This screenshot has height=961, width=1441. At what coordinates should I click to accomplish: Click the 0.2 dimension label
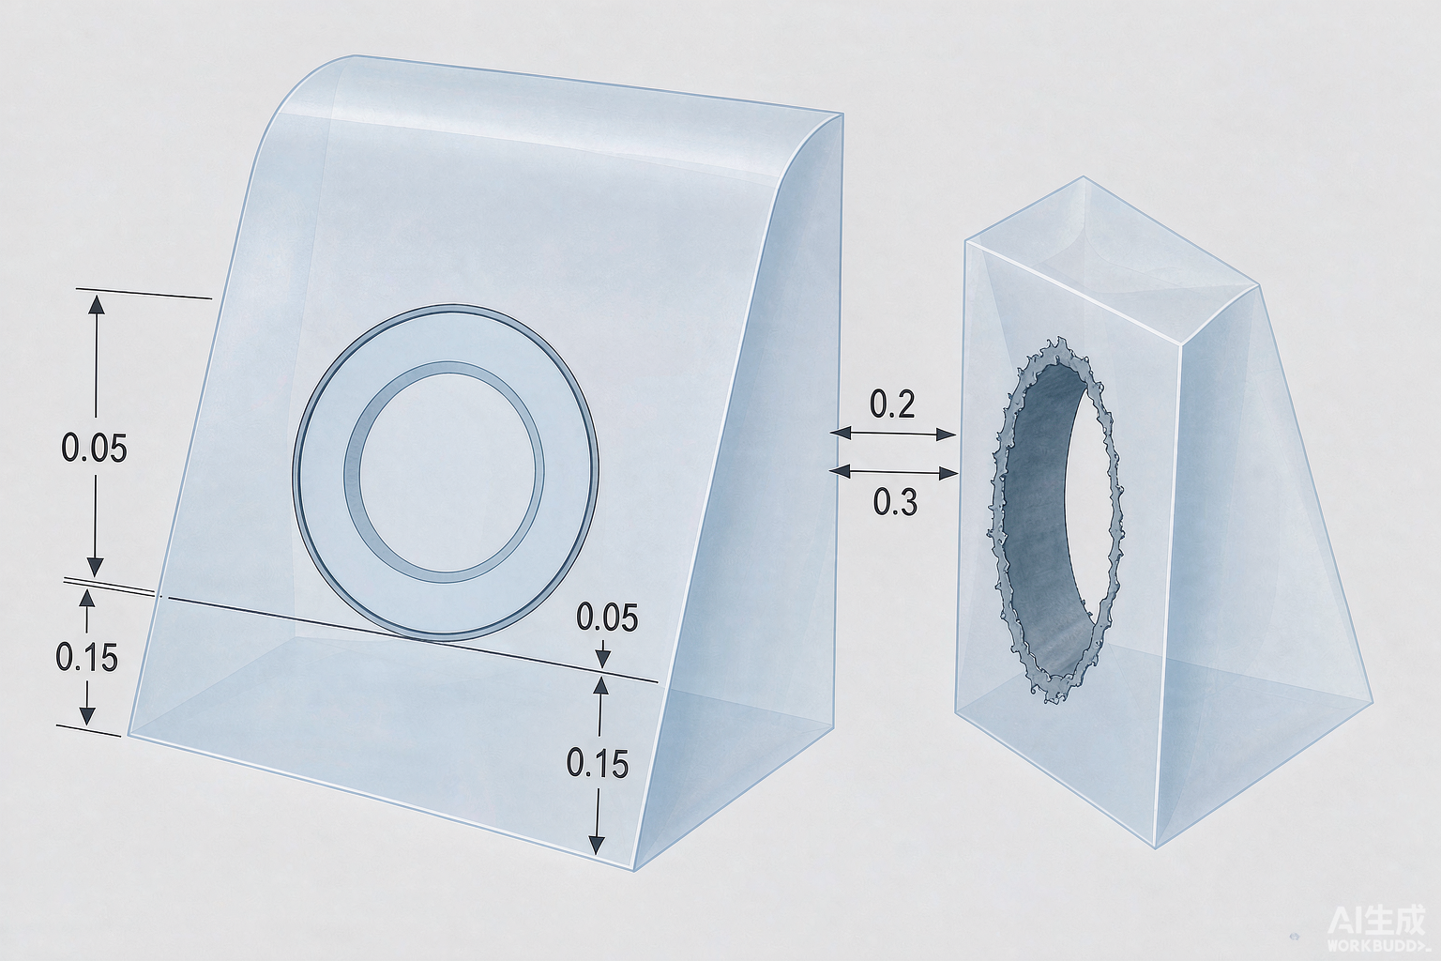tap(891, 404)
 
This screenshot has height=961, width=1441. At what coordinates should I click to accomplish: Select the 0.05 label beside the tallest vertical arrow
tap(94, 448)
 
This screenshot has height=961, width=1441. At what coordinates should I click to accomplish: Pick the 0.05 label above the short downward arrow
tap(607, 618)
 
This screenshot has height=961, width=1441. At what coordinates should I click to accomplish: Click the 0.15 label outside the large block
tap(87, 658)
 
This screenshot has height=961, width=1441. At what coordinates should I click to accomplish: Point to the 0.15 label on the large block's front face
tap(597, 764)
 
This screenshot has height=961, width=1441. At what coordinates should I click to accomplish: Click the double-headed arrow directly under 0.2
tap(893, 434)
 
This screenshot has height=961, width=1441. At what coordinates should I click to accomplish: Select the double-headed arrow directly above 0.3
tap(894, 472)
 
